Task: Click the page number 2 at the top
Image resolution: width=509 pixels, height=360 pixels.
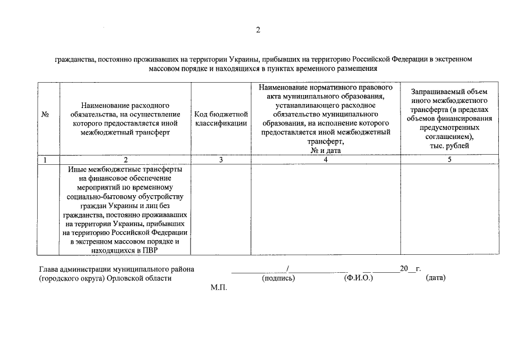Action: coord(258,30)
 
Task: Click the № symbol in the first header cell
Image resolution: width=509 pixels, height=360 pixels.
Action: coord(46,114)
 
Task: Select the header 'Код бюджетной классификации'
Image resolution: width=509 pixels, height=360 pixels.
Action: coord(221,118)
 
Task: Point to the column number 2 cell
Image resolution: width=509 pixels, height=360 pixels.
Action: coord(125,159)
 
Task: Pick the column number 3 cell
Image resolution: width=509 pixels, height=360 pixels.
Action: coord(221,159)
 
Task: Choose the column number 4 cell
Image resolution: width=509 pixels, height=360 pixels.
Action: coord(325,159)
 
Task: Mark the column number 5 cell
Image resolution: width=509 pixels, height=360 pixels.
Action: coord(449,159)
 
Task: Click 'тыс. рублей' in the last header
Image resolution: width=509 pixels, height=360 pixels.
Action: coord(449,146)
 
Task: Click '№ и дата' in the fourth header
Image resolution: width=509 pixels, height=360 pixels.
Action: coord(325,150)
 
